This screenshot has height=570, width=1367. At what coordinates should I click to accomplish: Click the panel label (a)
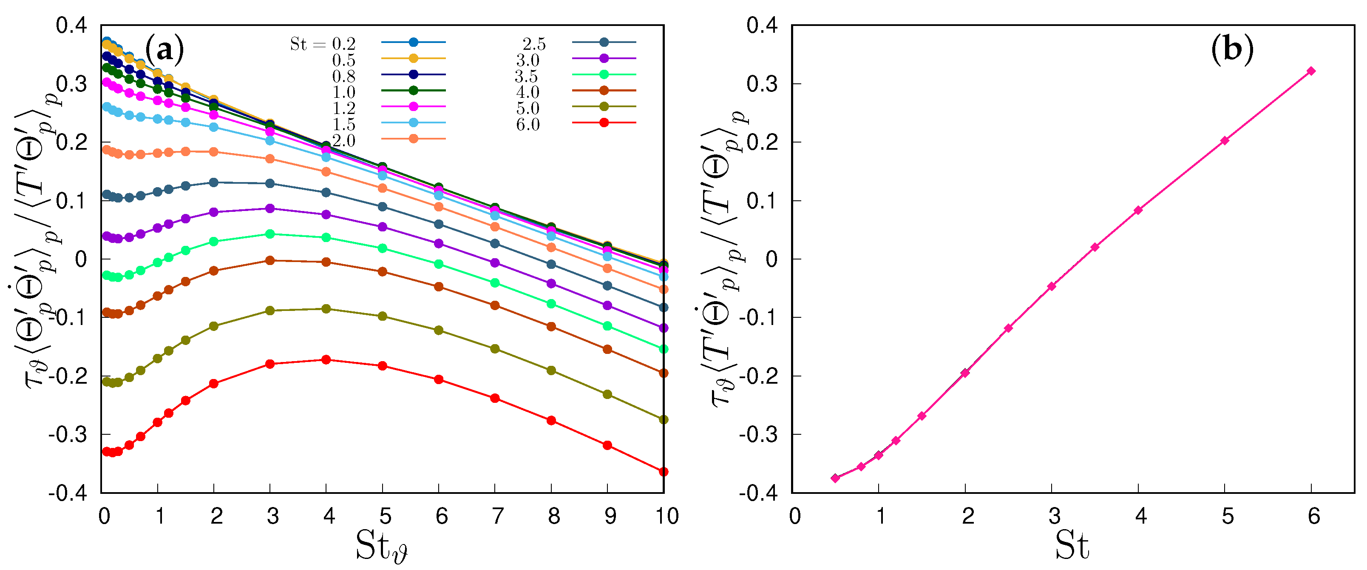coord(164,50)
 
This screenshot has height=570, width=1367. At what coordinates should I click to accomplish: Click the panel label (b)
coord(1232,50)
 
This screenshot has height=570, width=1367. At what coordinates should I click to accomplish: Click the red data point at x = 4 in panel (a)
coord(326,359)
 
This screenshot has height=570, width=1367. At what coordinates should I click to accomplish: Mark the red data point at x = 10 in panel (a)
coord(664,472)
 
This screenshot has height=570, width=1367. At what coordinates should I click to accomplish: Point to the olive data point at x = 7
coord(495,348)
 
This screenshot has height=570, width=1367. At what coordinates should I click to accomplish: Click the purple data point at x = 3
coord(269,208)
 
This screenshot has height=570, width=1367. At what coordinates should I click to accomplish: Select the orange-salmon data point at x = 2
coord(214,152)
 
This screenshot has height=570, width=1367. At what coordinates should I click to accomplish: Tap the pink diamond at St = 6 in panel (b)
coord(1311,71)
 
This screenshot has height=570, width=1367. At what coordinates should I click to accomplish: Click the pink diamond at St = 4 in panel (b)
coord(1138,211)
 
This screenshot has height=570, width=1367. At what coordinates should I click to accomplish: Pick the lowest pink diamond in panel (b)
coord(835,478)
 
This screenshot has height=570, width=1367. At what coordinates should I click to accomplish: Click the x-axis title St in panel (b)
coord(1072,546)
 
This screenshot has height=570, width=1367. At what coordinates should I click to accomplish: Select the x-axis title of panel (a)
coord(381,546)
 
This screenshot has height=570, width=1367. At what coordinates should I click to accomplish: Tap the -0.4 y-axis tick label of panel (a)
coord(68,493)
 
